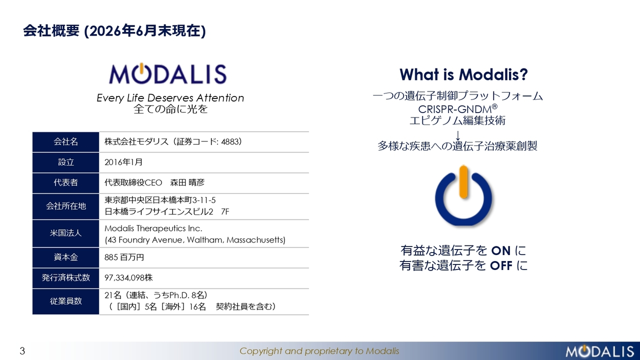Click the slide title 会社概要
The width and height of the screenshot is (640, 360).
[x=51, y=31]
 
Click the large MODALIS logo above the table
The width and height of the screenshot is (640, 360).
[x=167, y=73]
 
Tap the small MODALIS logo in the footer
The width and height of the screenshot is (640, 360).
[x=599, y=351]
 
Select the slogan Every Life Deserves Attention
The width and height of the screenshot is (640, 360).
[x=170, y=98]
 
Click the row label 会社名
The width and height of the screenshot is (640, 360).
[x=65, y=141]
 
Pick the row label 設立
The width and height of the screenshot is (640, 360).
[x=66, y=162]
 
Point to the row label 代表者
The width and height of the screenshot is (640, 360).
[x=65, y=182]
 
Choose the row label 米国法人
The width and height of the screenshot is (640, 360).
[x=65, y=233]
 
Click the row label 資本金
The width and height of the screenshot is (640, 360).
[x=65, y=257]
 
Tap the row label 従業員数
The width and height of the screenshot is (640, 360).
[x=65, y=301]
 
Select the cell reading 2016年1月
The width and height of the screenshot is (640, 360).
[x=123, y=162]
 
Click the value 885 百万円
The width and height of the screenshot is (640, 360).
[x=124, y=257]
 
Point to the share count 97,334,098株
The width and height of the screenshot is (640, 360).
[x=128, y=277]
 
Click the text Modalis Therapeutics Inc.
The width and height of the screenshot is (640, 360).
[x=153, y=228]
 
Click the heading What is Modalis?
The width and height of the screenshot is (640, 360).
[x=463, y=74]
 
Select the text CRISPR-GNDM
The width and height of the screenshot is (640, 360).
[x=455, y=109]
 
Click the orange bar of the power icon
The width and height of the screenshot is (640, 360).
[x=463, y=182]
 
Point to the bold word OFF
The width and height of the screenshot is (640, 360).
[x=501, y=266]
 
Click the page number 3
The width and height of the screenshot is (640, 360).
[x=22, y=351]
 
